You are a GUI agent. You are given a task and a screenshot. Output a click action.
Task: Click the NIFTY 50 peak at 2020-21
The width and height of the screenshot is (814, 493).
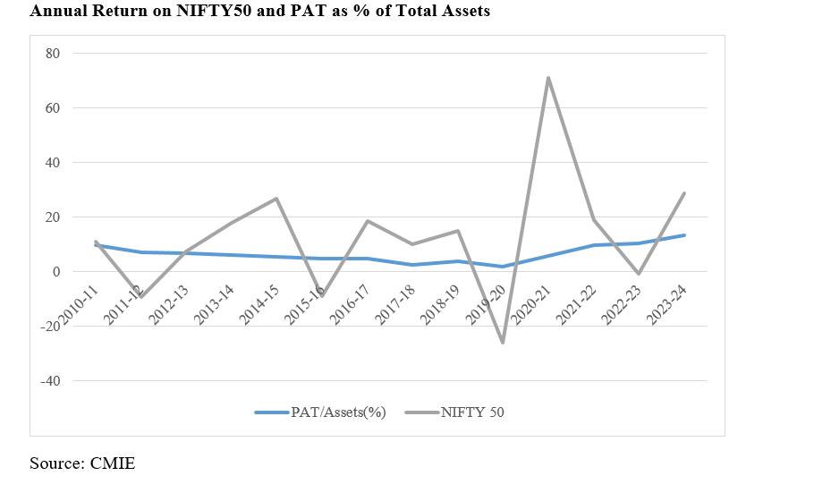point(547,78)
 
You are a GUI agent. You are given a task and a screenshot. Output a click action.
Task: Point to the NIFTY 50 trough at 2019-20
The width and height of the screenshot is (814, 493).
point(503,343)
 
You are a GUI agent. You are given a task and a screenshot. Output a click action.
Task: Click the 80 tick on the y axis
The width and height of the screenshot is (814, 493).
point(52,54)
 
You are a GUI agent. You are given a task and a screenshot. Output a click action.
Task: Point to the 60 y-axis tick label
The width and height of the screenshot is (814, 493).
point(52,108)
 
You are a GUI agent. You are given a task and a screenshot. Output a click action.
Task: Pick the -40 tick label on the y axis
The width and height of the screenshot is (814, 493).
point(49,381)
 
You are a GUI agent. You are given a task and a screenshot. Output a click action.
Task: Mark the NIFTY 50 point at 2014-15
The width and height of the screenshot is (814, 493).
point(276,199)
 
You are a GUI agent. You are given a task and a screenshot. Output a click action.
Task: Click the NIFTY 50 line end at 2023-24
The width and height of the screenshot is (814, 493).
point(684,193)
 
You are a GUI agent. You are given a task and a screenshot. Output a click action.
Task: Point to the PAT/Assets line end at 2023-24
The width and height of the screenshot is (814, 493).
point(684,235)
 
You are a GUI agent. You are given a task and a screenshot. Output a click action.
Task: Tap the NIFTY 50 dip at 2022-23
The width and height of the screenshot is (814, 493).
point(639,274)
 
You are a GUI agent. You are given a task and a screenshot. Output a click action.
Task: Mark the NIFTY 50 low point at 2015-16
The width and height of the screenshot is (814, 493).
point(321,295)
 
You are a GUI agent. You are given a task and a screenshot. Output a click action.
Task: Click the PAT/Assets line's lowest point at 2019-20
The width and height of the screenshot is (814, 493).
point(503,267)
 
